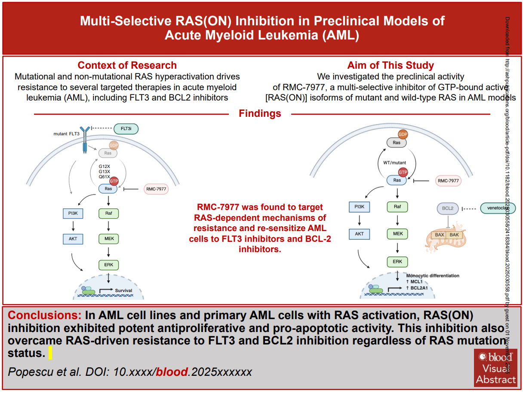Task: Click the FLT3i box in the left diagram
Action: click(x=126, y=128)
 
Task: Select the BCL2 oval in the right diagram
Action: click(x=448, y=208)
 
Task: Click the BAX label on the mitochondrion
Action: click(x=440, y=235)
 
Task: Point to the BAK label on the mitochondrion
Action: click(x=454, y=235)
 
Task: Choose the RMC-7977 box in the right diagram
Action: click(x=448, y=181)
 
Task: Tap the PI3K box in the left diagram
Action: click(x=72, y=213)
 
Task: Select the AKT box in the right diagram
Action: click(x=360, y=234)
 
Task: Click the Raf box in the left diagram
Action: click(x=109, y=213)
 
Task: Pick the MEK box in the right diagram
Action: click(x=397, y=234)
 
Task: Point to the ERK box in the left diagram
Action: click(x=109, y=265)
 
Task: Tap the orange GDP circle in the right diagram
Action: click(x=403, y=134)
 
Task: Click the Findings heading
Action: click(x=260, y=114)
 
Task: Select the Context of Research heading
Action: click(x=127, y=65)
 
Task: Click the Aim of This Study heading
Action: click(x=391, y=65)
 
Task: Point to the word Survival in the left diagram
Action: click(x=123, y=291)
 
